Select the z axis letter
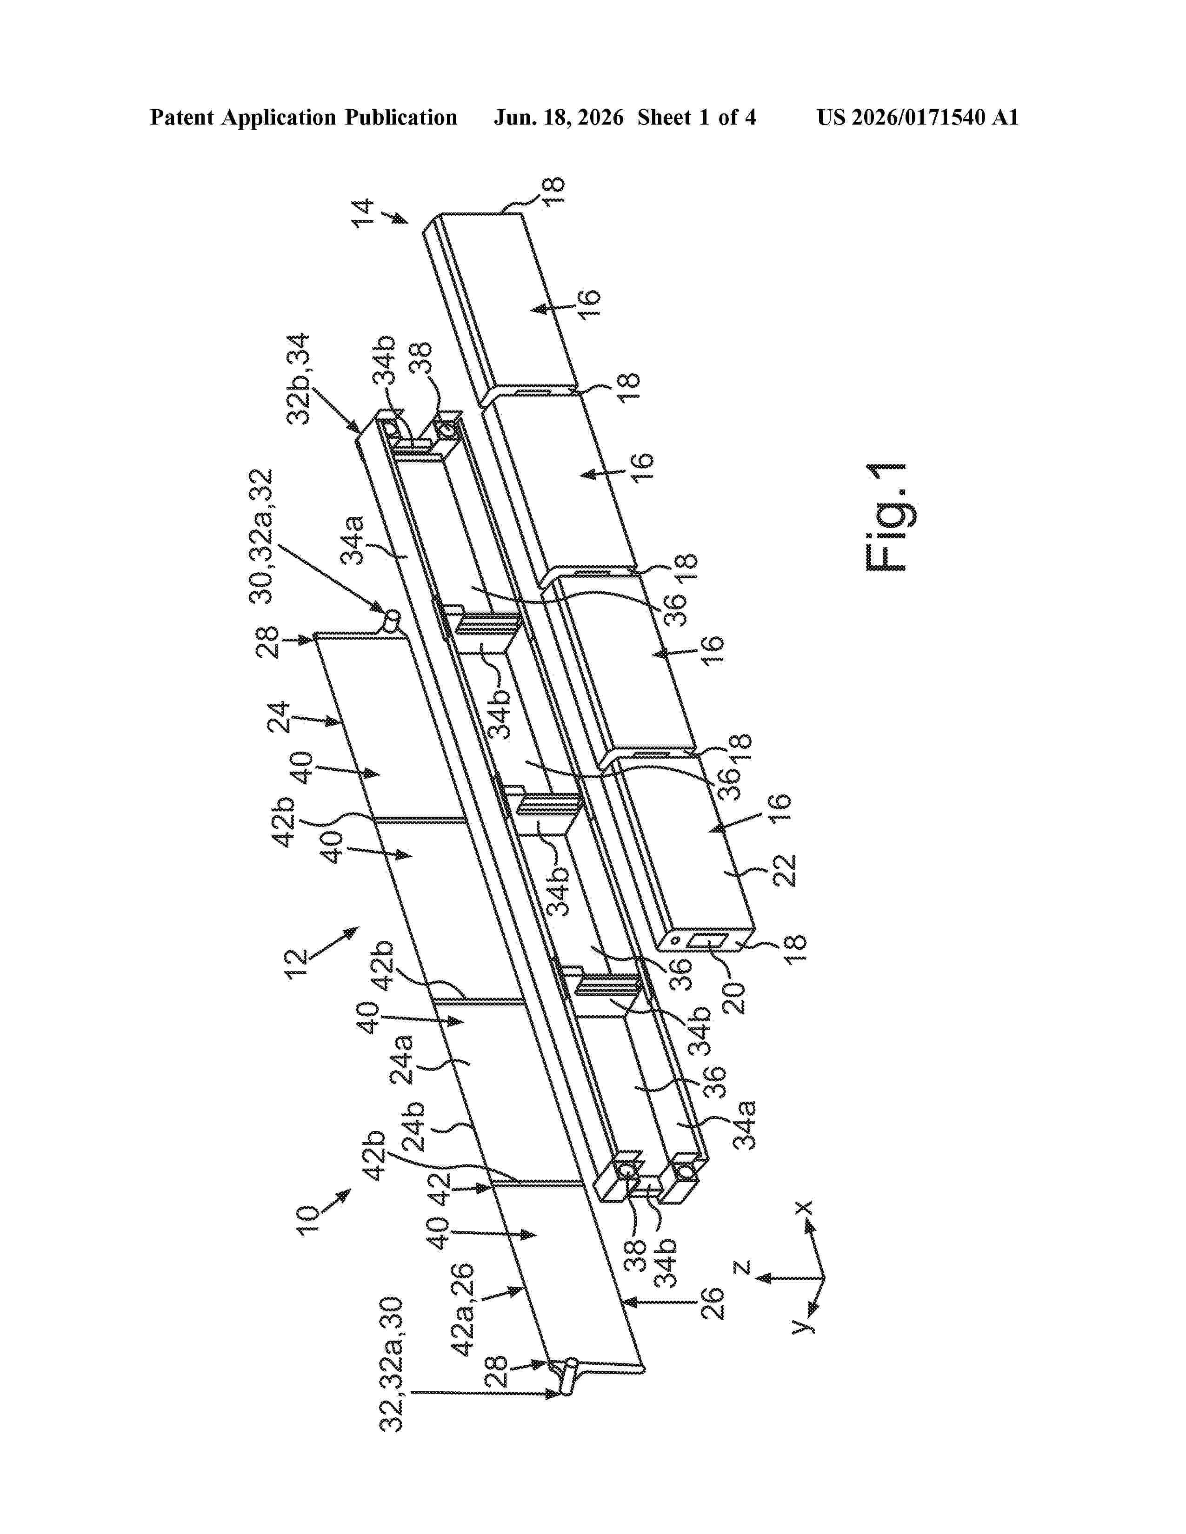point(743,1268)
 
